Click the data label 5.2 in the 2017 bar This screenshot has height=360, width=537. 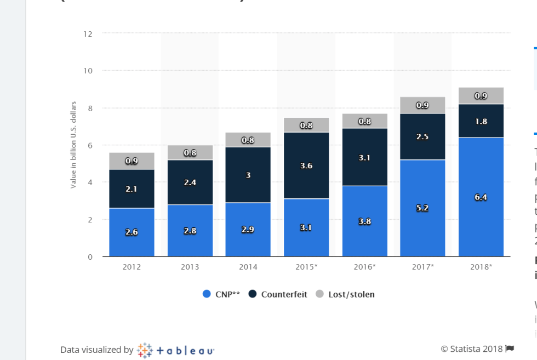coord(422,208)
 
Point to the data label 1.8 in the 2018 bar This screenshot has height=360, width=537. coord(481,121)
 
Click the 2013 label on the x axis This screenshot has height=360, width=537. coord(190,267)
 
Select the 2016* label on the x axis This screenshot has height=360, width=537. coord(364,267)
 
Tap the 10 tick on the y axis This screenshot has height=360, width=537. coord(88,71)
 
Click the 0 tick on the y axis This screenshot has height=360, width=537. coord(90,256)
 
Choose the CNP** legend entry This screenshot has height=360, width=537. coord(221,294)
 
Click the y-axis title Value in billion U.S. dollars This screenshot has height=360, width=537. coord(73,145)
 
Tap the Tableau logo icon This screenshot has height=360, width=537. coord(145,350)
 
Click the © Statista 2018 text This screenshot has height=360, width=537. coord(471,348)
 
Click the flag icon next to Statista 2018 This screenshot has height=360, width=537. coord(510,348)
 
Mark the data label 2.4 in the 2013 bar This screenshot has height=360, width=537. coord(190,182)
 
